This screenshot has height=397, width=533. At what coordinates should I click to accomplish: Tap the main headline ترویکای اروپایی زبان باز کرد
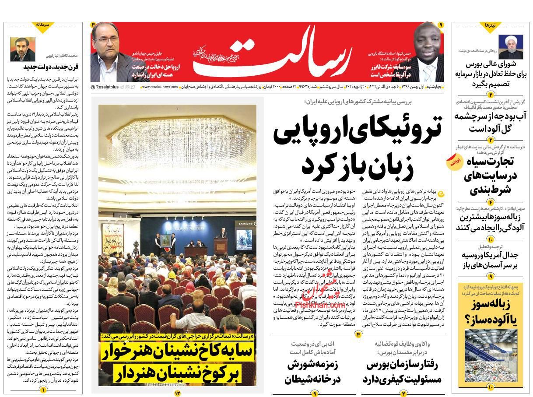tap(357, 149)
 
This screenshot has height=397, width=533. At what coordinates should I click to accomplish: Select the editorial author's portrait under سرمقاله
tap(21, 49)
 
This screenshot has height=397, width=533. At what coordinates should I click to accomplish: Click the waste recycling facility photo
tap(490, 357)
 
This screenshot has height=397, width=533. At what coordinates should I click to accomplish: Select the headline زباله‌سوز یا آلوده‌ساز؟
tap(490, 313)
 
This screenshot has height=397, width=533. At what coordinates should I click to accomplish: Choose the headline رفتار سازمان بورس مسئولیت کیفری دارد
tap(402, 372)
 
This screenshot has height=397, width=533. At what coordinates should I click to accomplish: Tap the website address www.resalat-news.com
tap(159, 87)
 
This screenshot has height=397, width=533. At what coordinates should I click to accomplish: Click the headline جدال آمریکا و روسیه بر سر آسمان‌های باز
tap(490, 260)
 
